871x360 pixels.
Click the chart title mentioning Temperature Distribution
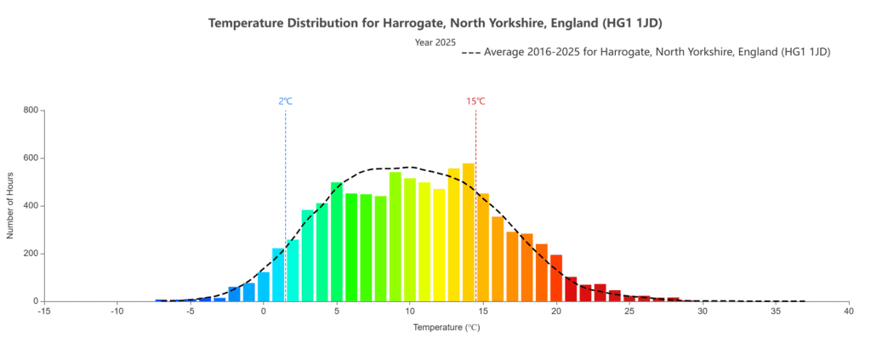(435, 22)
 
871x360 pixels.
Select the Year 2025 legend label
(435, 42)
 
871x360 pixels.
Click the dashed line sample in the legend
(470, 53)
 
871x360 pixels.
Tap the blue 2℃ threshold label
(285, 101)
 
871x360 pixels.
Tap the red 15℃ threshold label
(475, 101)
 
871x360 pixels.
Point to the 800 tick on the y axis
(31, 110)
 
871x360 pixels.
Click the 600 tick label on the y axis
(31, 158)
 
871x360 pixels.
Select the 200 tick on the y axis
(31, 254)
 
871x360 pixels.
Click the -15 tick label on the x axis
(44, 312)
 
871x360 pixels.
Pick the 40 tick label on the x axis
(849, 312)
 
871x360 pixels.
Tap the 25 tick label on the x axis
(629, 312)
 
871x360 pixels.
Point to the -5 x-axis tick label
(191, 312)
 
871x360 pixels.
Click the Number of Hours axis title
(11, 205)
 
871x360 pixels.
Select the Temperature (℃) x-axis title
(447, 327)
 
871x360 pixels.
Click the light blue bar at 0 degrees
(264, 287)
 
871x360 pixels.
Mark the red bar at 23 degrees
(600, 293)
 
